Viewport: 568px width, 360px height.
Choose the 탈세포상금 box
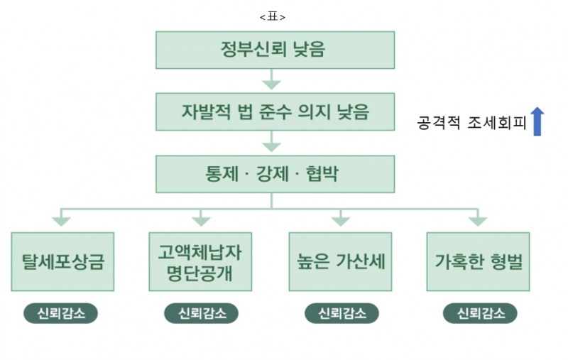point(62,261)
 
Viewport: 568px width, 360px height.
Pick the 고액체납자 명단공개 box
point(200,261)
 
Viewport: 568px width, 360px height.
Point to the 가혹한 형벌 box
point(478,261)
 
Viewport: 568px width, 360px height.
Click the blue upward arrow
point(537,121)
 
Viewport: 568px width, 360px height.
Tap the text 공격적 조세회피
point(470,123)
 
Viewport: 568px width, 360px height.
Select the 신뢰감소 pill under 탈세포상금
point(61,313)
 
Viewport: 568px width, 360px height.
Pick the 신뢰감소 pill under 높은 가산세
point(340,313)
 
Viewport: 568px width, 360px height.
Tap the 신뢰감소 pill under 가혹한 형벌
point(479,313)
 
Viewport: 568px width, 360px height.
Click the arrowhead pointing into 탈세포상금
point(62,221)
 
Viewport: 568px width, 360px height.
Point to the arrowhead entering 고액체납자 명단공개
point(201,221)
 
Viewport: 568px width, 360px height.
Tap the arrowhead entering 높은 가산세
point(340,221)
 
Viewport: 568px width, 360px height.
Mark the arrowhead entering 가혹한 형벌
point(478,221)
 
